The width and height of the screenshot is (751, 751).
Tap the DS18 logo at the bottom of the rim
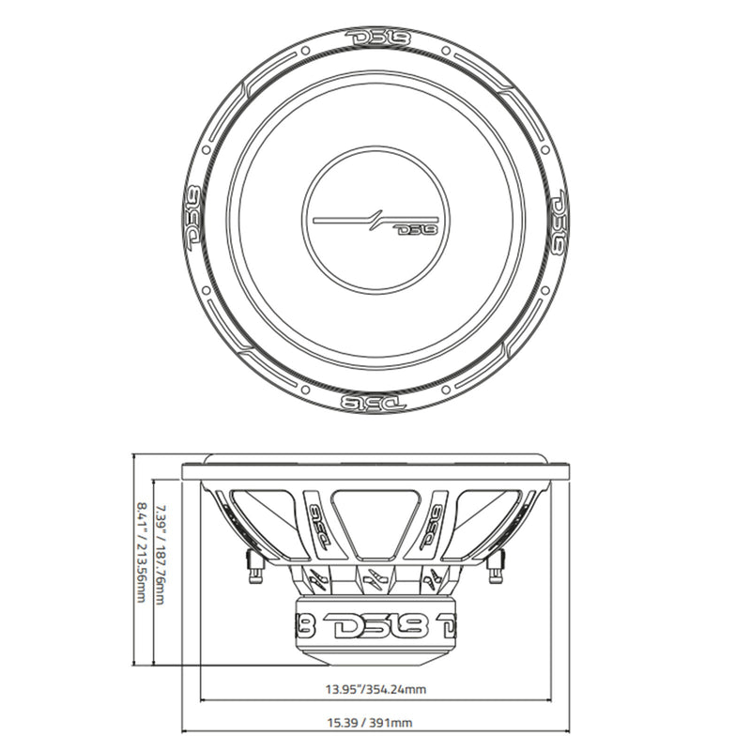click(x=373, y=401)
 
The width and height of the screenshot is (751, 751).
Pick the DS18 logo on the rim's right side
click(x=556, y=219)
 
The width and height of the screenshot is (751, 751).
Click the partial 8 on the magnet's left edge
click(x=304, y=624)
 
